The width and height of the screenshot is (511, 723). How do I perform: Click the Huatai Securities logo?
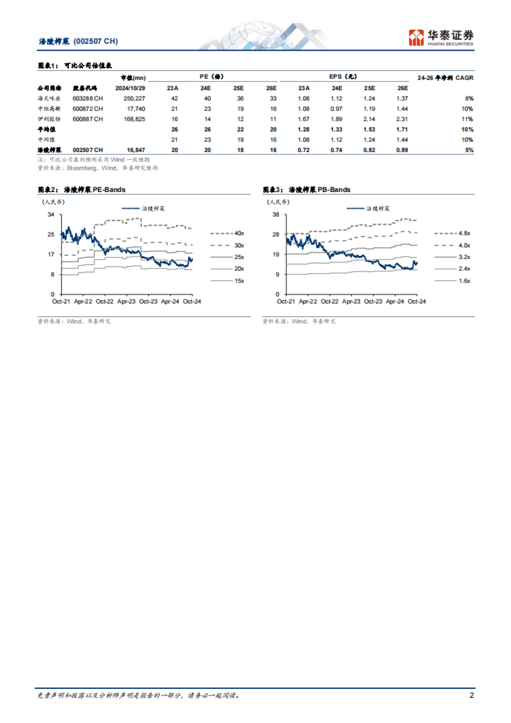(441, 37)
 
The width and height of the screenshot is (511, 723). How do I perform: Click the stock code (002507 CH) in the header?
(96, 41)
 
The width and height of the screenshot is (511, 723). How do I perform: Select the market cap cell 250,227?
(134, 98)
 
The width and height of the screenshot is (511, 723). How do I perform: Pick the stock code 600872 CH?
(88, 109)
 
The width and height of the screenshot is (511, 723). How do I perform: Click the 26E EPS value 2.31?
(402, 119)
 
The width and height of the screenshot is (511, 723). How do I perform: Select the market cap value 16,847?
(136, 150)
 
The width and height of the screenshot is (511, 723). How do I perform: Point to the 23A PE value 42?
(174, 98)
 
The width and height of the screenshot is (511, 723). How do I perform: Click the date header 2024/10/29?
(130, 88)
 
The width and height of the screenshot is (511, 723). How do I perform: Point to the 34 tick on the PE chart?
(51, 214)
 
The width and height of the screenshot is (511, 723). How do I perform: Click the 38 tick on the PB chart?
(276, 214)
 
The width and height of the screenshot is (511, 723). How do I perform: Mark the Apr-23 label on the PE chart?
(126, 301)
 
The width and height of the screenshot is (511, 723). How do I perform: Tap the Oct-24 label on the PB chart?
(416, 301)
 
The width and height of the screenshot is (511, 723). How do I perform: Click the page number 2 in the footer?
(471, 695)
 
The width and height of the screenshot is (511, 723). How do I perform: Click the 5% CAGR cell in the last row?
(469, 150)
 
